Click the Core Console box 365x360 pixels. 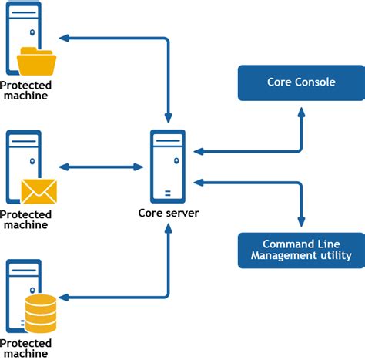300,82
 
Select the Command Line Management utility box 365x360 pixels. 300,250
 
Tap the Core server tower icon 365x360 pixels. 167,166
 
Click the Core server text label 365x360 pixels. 168,213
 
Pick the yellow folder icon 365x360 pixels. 37,61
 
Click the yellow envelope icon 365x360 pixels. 39,190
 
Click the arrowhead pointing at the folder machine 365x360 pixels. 65,37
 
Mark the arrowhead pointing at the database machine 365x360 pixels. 65,297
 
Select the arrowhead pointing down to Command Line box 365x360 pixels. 300,222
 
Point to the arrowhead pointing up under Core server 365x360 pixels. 167,229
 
